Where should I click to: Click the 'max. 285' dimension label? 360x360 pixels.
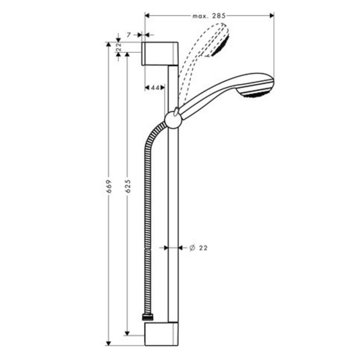(209, 15)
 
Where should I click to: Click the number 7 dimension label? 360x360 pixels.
(129, 35)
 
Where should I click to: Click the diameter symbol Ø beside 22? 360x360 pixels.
(192, 248)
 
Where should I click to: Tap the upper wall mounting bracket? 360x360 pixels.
(161, 54)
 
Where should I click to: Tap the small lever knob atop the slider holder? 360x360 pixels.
(176, 111)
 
